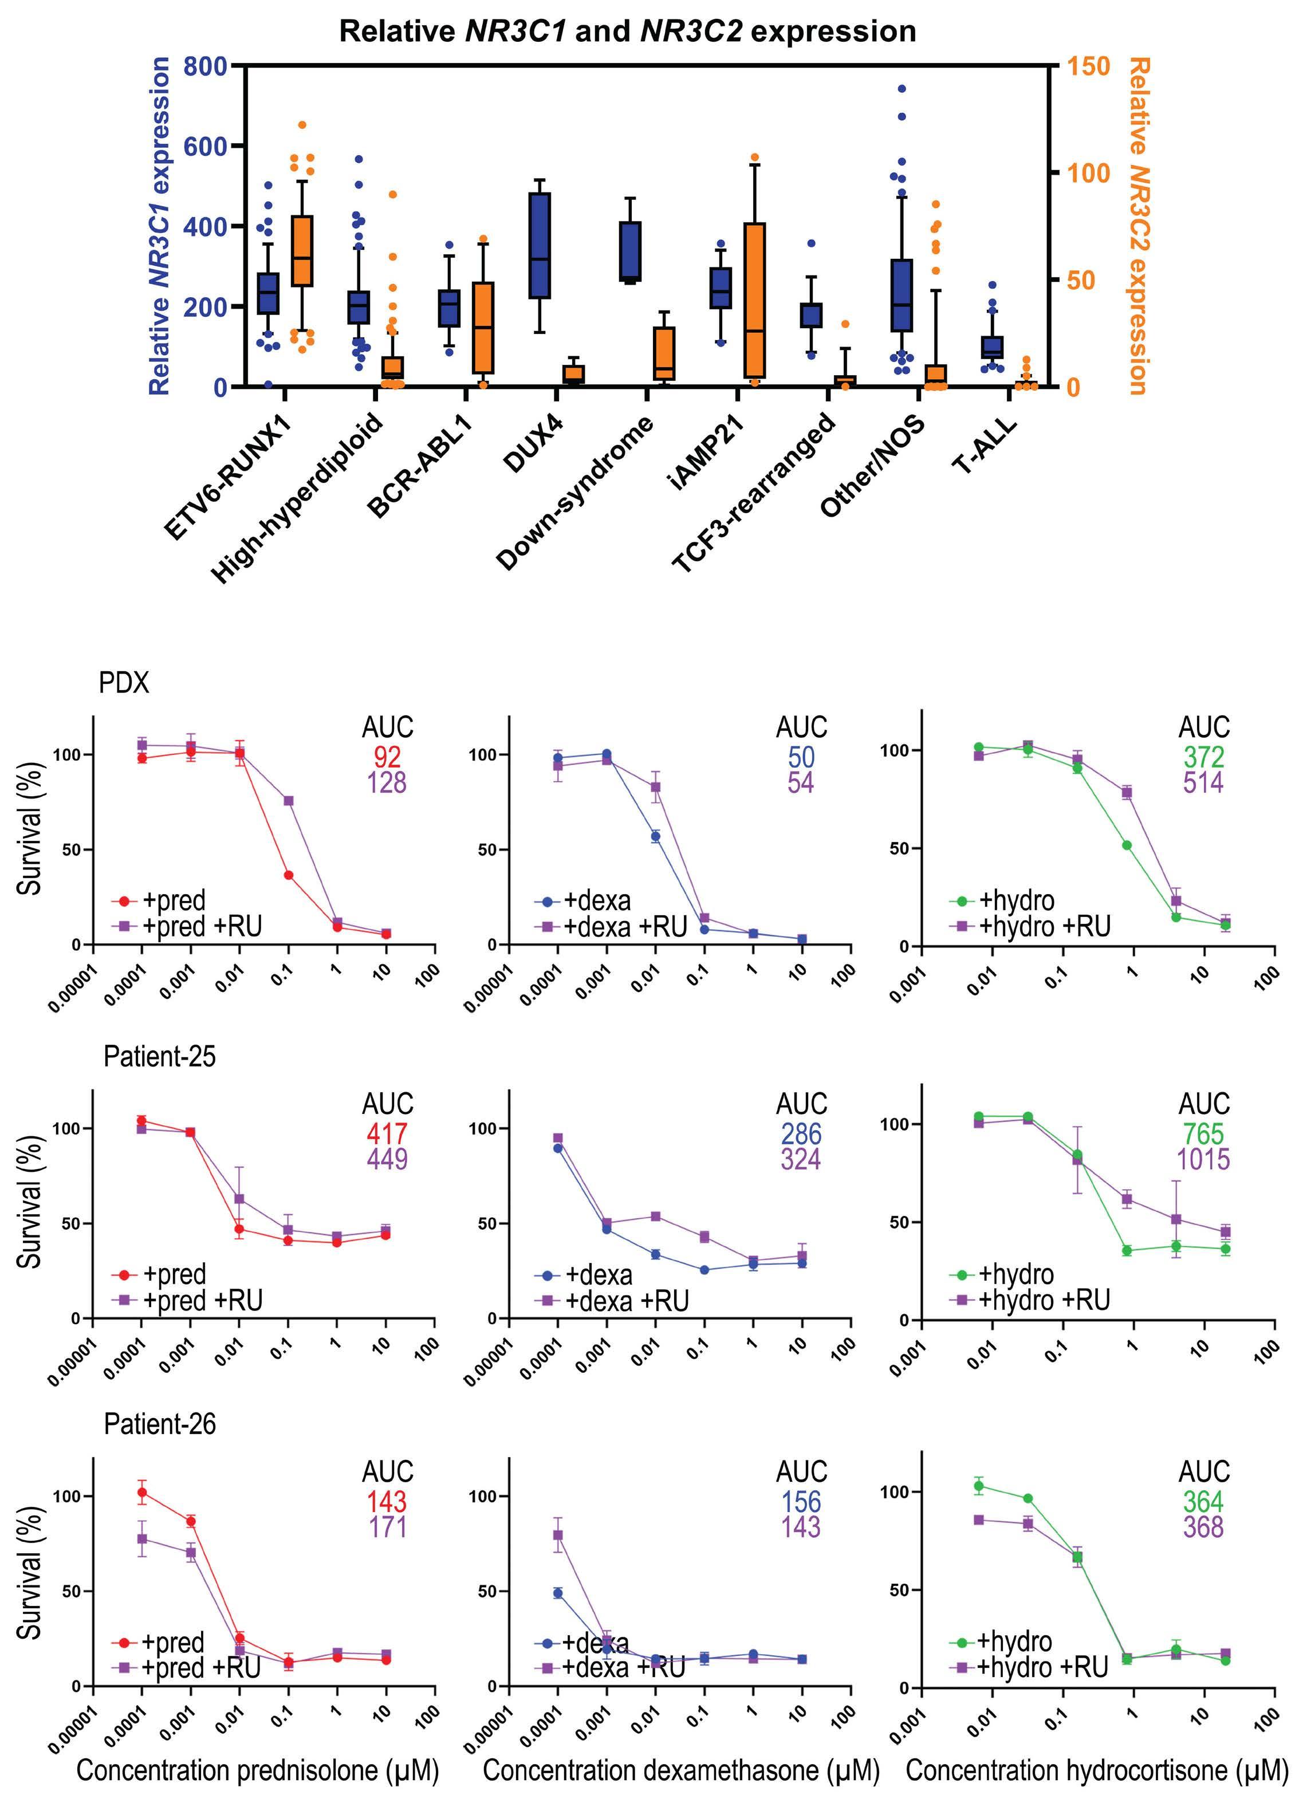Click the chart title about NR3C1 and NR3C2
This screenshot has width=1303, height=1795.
point(627,32)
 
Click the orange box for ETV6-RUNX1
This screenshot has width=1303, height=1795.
point(302,251)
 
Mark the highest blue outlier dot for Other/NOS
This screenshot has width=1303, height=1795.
point(901,89)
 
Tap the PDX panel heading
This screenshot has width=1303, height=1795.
point(124,682)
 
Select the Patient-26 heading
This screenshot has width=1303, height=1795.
point(159,1424)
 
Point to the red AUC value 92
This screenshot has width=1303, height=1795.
point(387,757)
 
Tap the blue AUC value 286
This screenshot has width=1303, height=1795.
point(801,1133)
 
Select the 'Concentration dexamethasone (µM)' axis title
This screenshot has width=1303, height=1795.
point(681,1770)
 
